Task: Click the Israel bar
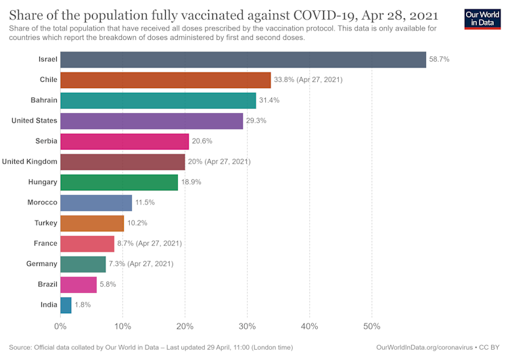[243, 60]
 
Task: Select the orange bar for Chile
[165, 80]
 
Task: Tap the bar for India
[66, 305]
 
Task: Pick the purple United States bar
[152, 120]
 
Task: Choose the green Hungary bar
[119, 182]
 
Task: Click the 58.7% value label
[439, 60]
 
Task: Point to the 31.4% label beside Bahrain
[269, 100]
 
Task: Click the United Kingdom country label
[30, 162]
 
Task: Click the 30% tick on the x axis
[247, 327]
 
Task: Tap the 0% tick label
[60, 327]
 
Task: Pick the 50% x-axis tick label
[371, 327]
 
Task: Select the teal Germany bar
[83, 264]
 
